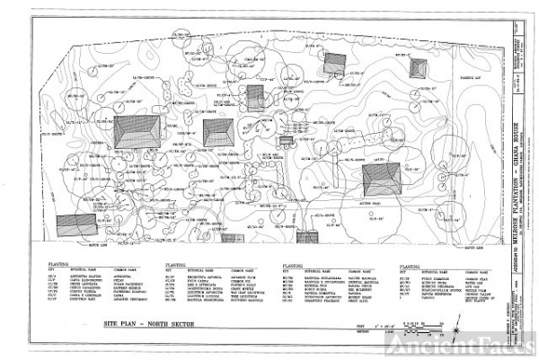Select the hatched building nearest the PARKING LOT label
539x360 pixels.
[x=418, y=67]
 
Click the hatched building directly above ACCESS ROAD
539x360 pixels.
[x=382, y=176]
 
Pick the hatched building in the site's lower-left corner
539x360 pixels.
[x=75, y=224]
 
